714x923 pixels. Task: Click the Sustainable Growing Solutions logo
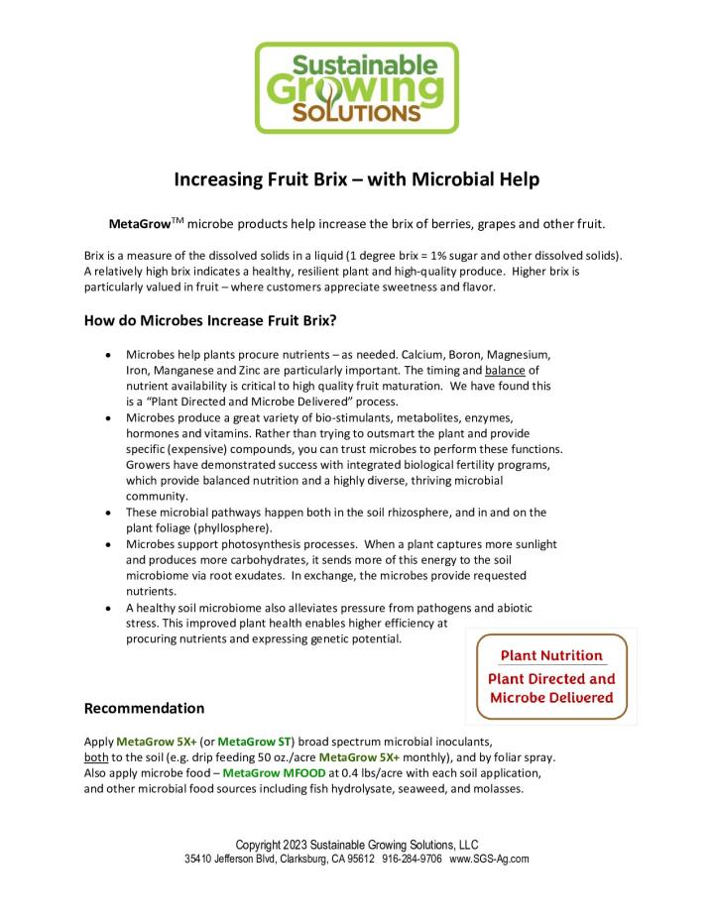click(357, 87)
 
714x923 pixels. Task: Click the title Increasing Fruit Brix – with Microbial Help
click(357, 180)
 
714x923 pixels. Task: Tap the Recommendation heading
click(144, 708)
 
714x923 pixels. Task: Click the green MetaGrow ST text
click(255, 741)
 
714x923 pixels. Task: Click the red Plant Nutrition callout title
click(550, 655)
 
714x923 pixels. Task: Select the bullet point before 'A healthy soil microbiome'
click(107, 608)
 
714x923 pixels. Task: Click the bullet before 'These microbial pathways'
click(107, 512)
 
